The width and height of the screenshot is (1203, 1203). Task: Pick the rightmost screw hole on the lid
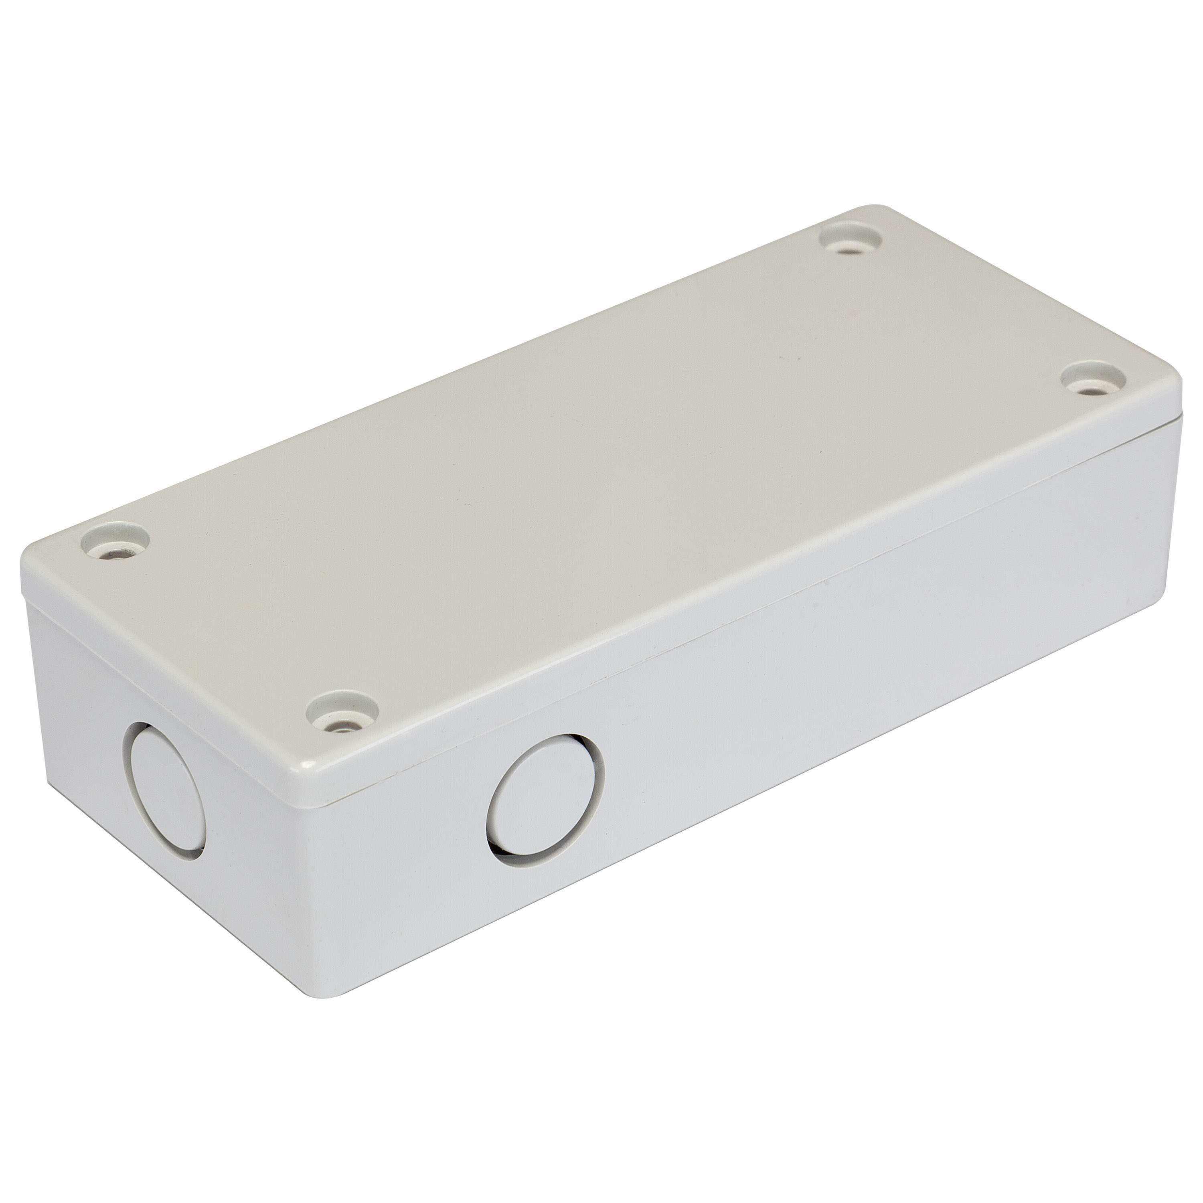click(1094, 382)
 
